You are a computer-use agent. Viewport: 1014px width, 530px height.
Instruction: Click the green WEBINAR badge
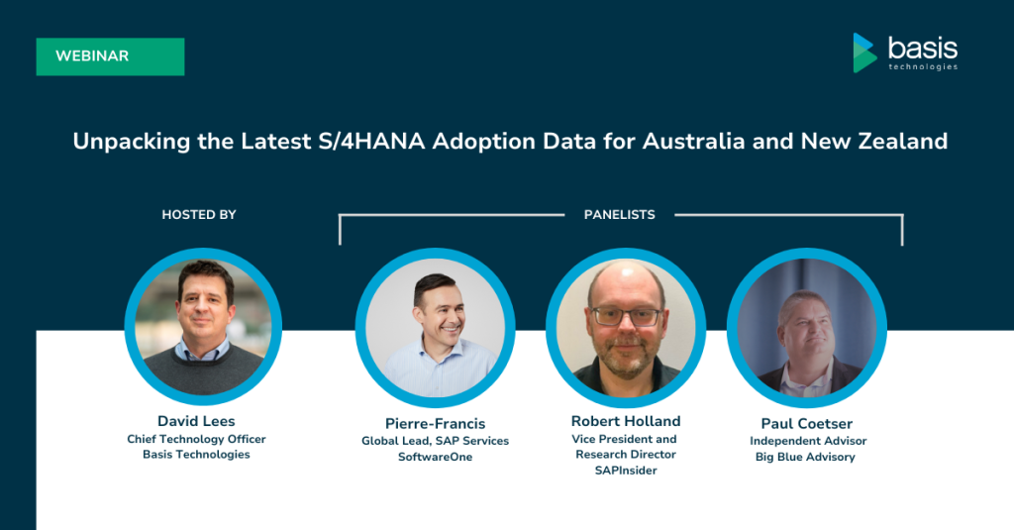pyautogui.click(x=110, y=56)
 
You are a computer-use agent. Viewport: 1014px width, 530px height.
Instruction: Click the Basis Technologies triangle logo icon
pyautogui.click(x=864, y=53)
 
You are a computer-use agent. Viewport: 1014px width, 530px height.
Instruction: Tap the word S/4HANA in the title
pyautogui.click(x=371, y=141)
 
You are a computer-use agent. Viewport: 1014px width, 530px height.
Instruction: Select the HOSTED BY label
pyautogui.click(x=198, y=215)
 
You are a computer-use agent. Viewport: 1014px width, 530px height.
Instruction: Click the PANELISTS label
pyautogui.click(x=620, y=215)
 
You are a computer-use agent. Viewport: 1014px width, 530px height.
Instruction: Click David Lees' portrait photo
pyautogui.click(x=203, y=327)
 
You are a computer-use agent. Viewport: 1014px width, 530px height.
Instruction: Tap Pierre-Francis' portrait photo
pyautogui.click(x=436, y=328)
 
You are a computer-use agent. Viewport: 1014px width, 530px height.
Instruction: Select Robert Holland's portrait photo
pyautogui.click(x=626, y=328)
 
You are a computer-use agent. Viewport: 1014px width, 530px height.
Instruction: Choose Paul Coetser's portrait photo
pyautogui.click(x=807, y=328)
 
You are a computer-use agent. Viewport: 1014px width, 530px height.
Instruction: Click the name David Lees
pyautogui.click(x=196, y=421)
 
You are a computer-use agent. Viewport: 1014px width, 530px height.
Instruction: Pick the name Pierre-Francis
pyautogui.click(x=436, y=424)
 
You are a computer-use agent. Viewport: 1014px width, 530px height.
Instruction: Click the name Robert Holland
pyautogui.click(x=626, y=421)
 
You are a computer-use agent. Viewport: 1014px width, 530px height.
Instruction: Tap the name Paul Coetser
pyautogui.click(x=806, y=424)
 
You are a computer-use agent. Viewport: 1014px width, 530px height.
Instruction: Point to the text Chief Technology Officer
pyautogui.click(x=196, y=439)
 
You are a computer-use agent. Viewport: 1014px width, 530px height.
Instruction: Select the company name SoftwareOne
pyautogui.click(x=436, y=457)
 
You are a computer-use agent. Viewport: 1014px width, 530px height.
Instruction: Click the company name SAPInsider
pyautogui.click(x=626, y=471)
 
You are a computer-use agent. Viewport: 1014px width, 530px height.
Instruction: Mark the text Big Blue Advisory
pyautogui.click(x=805, y=457)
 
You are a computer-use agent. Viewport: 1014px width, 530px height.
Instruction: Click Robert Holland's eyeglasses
pyautogui.click(x=626, y=317)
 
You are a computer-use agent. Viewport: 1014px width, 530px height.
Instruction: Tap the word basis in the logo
pyautogui.click(x=923, y=48)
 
